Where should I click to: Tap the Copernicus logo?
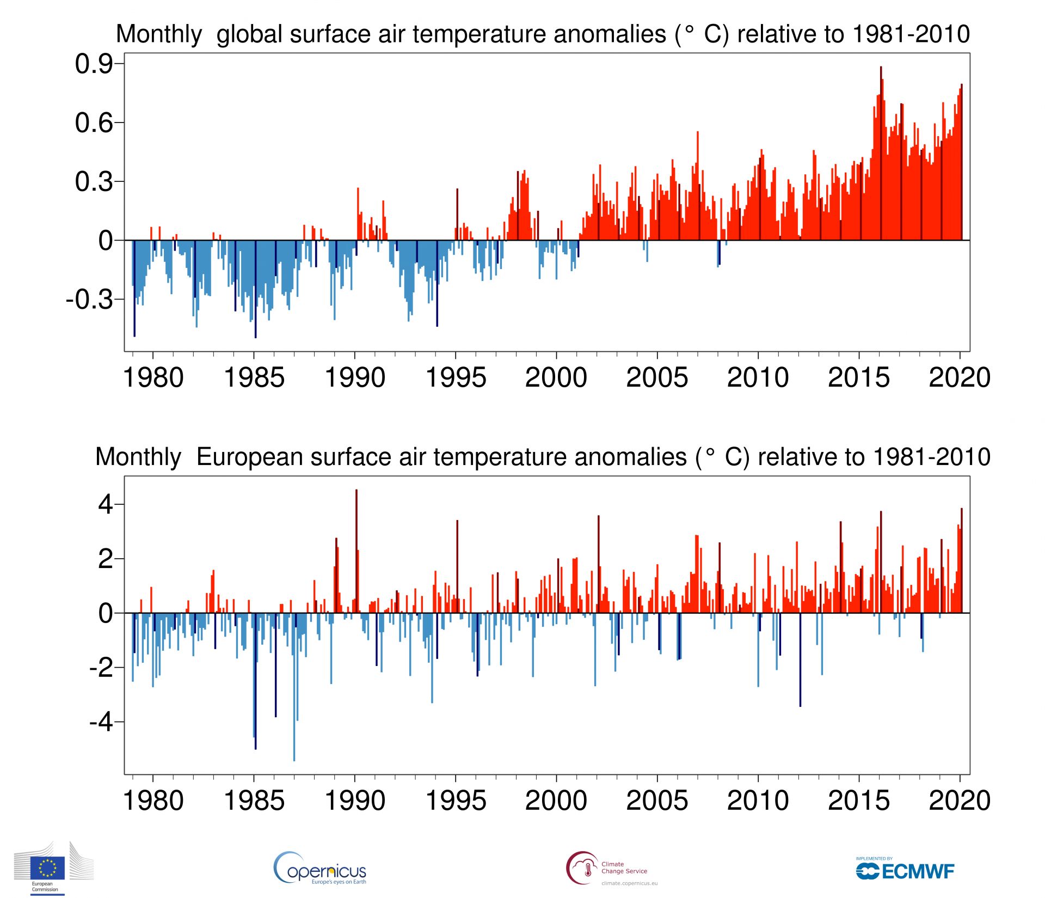tap(320, 869)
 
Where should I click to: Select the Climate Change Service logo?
tap(612, 868)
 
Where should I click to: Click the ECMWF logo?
tap(905, 870)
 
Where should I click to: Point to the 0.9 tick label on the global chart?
tap(94, 64)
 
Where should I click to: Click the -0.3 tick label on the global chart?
tap(90, 300)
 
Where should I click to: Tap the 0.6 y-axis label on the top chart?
tap(94, 123)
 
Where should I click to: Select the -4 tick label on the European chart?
tap(101, 722)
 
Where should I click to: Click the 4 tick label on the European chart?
tap(105, 505)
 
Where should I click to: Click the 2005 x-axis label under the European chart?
tap(657, 801)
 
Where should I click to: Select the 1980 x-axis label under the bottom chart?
tap(153, 801)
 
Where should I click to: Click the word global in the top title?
tap(251, 34)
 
